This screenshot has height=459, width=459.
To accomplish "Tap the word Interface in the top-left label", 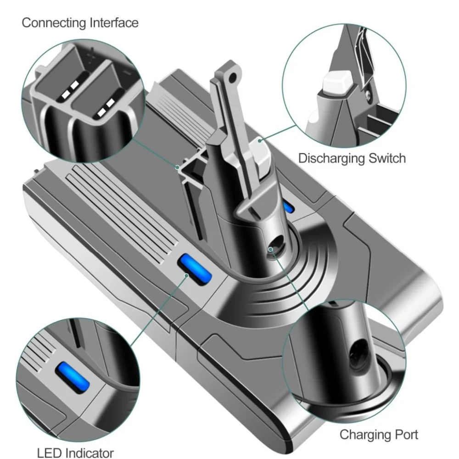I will tap(110, 23).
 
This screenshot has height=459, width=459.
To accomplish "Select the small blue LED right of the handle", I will tap(289, 207).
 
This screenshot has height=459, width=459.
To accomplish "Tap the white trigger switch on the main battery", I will tap(260, 155).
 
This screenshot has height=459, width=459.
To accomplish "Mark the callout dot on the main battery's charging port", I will tap(271, 249).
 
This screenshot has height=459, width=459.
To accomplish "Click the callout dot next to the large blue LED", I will tap(187, 275).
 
